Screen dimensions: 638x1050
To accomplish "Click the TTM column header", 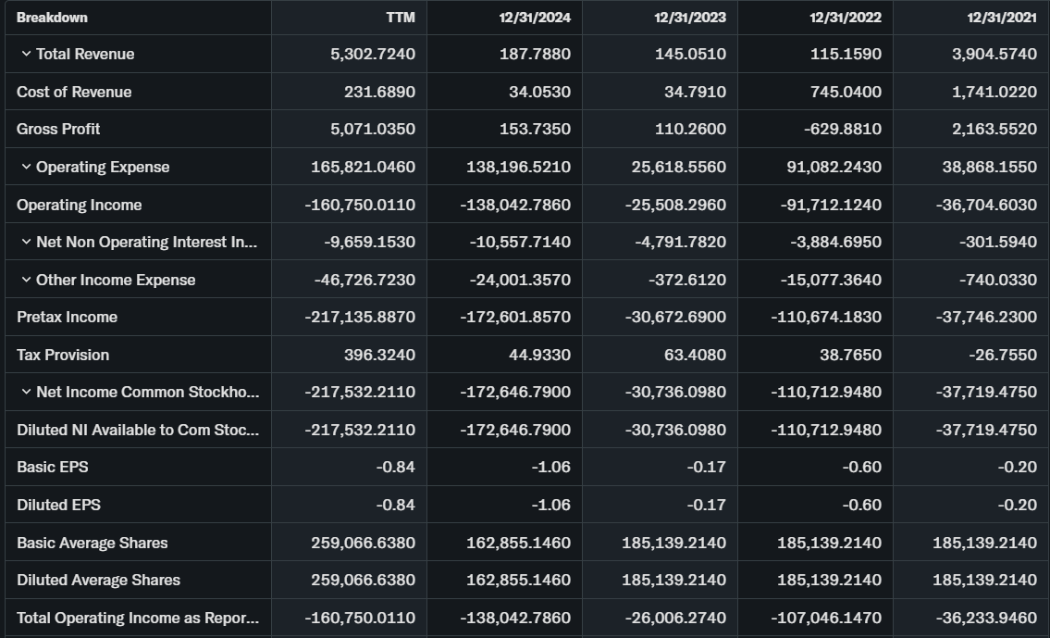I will coord(400,18).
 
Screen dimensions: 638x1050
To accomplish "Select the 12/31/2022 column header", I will coord(845,18).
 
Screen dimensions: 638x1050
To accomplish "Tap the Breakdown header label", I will coord(52,18).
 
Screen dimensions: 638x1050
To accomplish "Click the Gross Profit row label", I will coord(58,129).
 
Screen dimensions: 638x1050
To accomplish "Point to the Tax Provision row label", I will coord(63,355).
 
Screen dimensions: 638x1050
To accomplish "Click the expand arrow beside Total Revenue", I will coord(26,54).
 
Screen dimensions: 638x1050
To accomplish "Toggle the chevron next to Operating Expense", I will coord(26,167).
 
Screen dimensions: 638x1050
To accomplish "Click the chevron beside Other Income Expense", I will coord(26,280).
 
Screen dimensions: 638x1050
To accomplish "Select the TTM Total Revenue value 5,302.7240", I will coord(372,54).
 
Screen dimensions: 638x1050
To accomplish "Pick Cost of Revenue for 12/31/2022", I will coord(843,92).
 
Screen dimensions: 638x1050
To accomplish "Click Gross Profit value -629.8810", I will coord(842,129).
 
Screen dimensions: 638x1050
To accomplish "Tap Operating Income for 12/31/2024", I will coord(515,205).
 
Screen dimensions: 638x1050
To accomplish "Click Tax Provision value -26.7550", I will coord(1003,355).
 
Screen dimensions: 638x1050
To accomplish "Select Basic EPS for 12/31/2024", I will coord(551,467).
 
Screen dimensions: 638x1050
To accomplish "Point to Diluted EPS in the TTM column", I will coord(395,505).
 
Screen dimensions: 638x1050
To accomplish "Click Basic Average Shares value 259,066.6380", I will coord(363,543).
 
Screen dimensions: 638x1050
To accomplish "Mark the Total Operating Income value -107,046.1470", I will coord(826,618).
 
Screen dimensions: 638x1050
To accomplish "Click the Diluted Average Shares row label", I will coord(98,580).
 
